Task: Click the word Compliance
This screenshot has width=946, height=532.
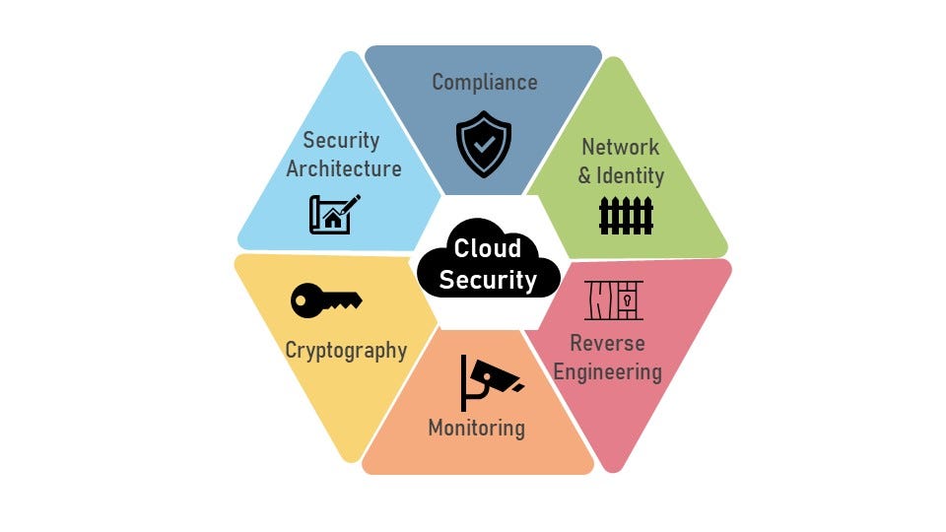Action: coord(484,82)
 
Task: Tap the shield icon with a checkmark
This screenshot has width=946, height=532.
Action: coord(484,143)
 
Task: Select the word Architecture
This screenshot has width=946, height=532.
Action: coord(344,168)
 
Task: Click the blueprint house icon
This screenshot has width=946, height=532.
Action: coord(334,214)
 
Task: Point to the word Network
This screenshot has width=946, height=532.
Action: coord(620,147)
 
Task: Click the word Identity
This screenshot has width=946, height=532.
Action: coord(630,176)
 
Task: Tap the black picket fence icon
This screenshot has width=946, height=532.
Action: coord(626,215)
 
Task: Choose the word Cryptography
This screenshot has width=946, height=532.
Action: coord(346,350)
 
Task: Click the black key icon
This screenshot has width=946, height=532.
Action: coord(326,300)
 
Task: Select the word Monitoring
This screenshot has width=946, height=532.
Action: coord(476,428)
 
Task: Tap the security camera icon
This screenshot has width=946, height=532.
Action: coord(489,380)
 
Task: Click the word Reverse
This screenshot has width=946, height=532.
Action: coord(607,343)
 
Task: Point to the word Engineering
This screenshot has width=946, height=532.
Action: coord(607,371)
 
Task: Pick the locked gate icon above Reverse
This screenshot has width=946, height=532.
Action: coord(613,300)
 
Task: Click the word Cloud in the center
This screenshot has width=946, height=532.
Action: coord(487,248)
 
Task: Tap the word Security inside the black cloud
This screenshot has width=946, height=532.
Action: coord(488,280)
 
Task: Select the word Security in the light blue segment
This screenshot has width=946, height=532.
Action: coord(341,140)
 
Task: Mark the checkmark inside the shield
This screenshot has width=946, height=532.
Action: coord(484,143)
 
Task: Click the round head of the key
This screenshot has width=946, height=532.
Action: coord(306,300)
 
